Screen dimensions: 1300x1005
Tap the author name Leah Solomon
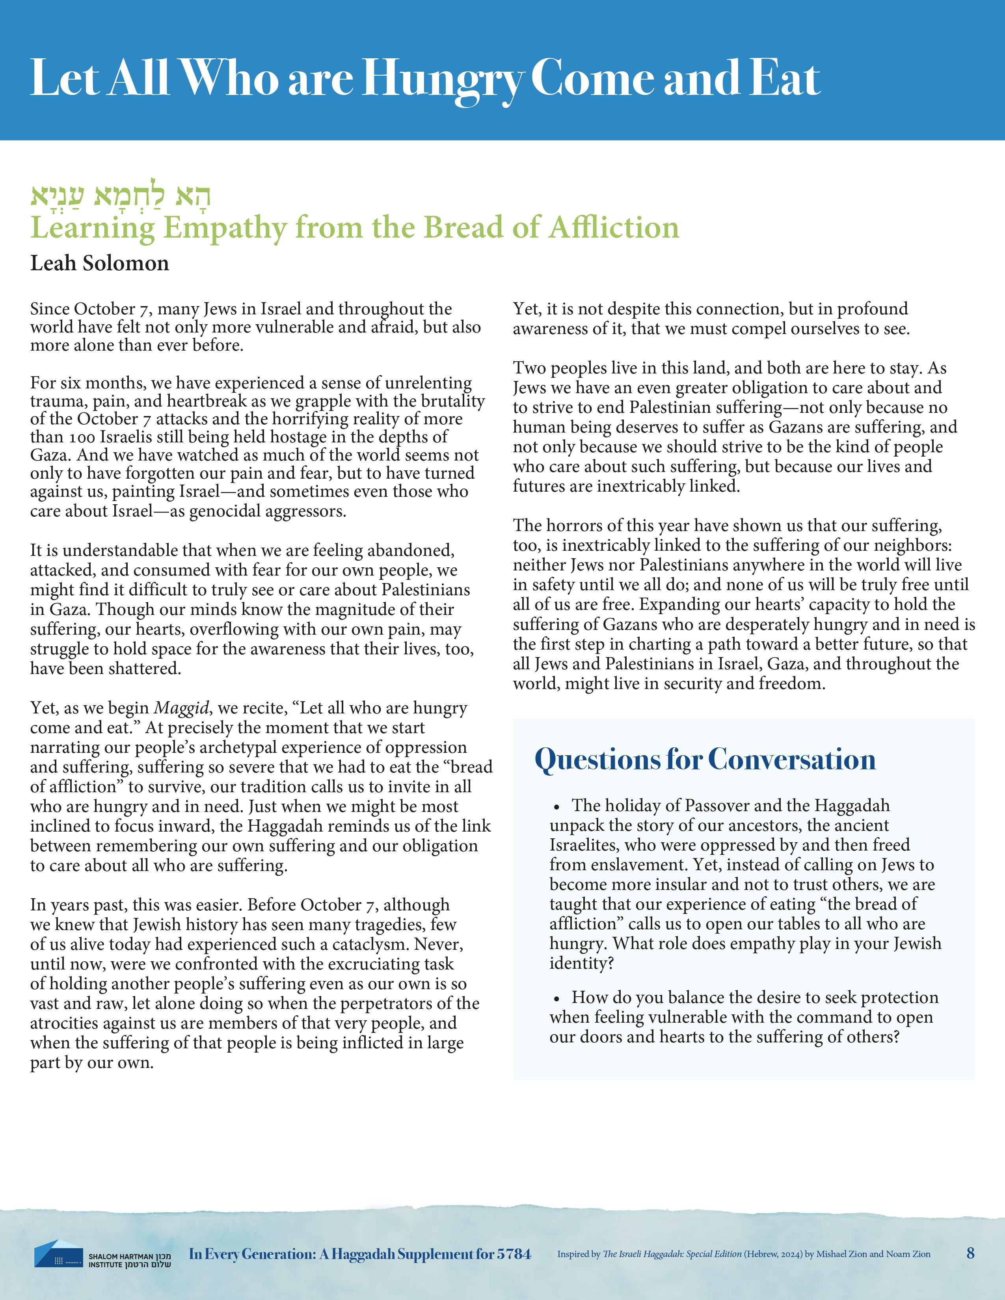pos(99,263)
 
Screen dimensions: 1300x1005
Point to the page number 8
pos(970,1253)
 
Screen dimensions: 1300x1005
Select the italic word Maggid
pos(182,708)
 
